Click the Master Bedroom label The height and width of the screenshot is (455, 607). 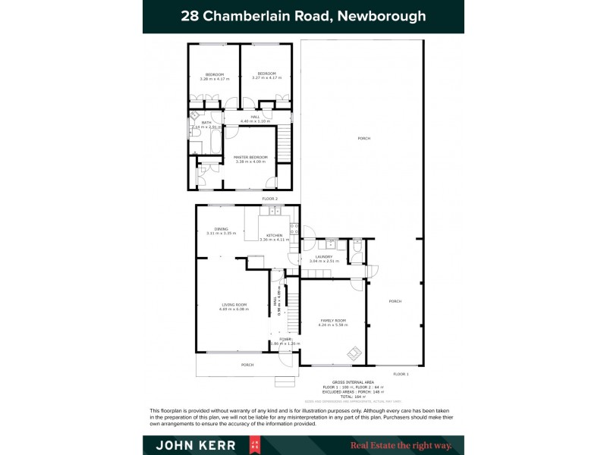(x=251, y=157)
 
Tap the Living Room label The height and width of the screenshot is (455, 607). (x=234, y=305)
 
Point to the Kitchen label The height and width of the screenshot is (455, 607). (x=274, y=236)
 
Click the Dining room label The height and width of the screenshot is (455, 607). (x=221, y=229)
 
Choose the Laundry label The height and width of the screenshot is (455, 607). (x=325, y=257)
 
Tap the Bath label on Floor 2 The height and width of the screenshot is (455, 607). (x=206, y=123)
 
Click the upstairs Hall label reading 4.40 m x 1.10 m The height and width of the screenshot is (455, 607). (x=255, y=117)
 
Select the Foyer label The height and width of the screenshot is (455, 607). (x=285, y=339)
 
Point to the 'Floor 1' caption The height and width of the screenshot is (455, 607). (x=401, y=374)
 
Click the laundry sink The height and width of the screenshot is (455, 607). (x=331, y=244)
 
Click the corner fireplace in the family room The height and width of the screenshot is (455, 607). (x=354, y=353)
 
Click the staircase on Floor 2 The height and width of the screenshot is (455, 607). (x=284, y=144)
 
